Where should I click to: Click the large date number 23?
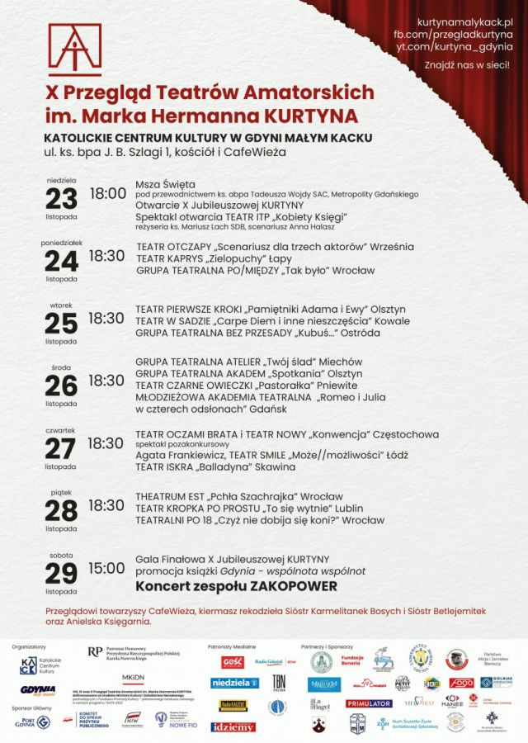tap(61, 198)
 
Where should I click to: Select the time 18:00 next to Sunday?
tap(107, 194)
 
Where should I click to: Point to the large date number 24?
tap(61, 261)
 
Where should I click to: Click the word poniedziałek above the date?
tap(61, 243)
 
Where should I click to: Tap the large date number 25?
tap(61, 323)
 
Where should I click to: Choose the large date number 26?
tap(61, 385)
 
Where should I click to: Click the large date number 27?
tap(61, 448)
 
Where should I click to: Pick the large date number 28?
tap(61, 510)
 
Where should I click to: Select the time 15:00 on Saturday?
tap(107, 568)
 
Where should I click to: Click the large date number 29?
tap(61, 573)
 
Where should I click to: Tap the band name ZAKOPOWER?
tap(296, 586)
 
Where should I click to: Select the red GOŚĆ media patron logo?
tap(233, 662)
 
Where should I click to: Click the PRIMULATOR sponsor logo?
tap(369, 703)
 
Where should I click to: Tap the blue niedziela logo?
tap(234, 683)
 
